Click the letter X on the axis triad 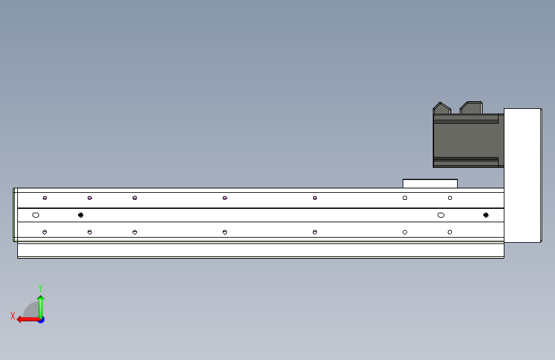tap(12, 315)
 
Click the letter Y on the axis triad tap(40, 288)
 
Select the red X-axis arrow tap(26, 318)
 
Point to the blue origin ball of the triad tap(41, 319)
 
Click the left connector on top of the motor tap(441, 108)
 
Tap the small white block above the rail tap(430, 183)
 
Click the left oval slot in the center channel tap(36, 215)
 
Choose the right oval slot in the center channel tap(441, 215)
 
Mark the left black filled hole tap(81, 215)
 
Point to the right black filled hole tap(487, 215)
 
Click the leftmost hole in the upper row tap(45, 198)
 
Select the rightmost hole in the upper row tap(450, 198)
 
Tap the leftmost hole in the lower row tap(45, 232)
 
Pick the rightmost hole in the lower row tap(450, 232)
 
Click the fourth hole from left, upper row tap(225, 198)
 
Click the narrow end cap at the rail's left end tap(15, 215)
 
